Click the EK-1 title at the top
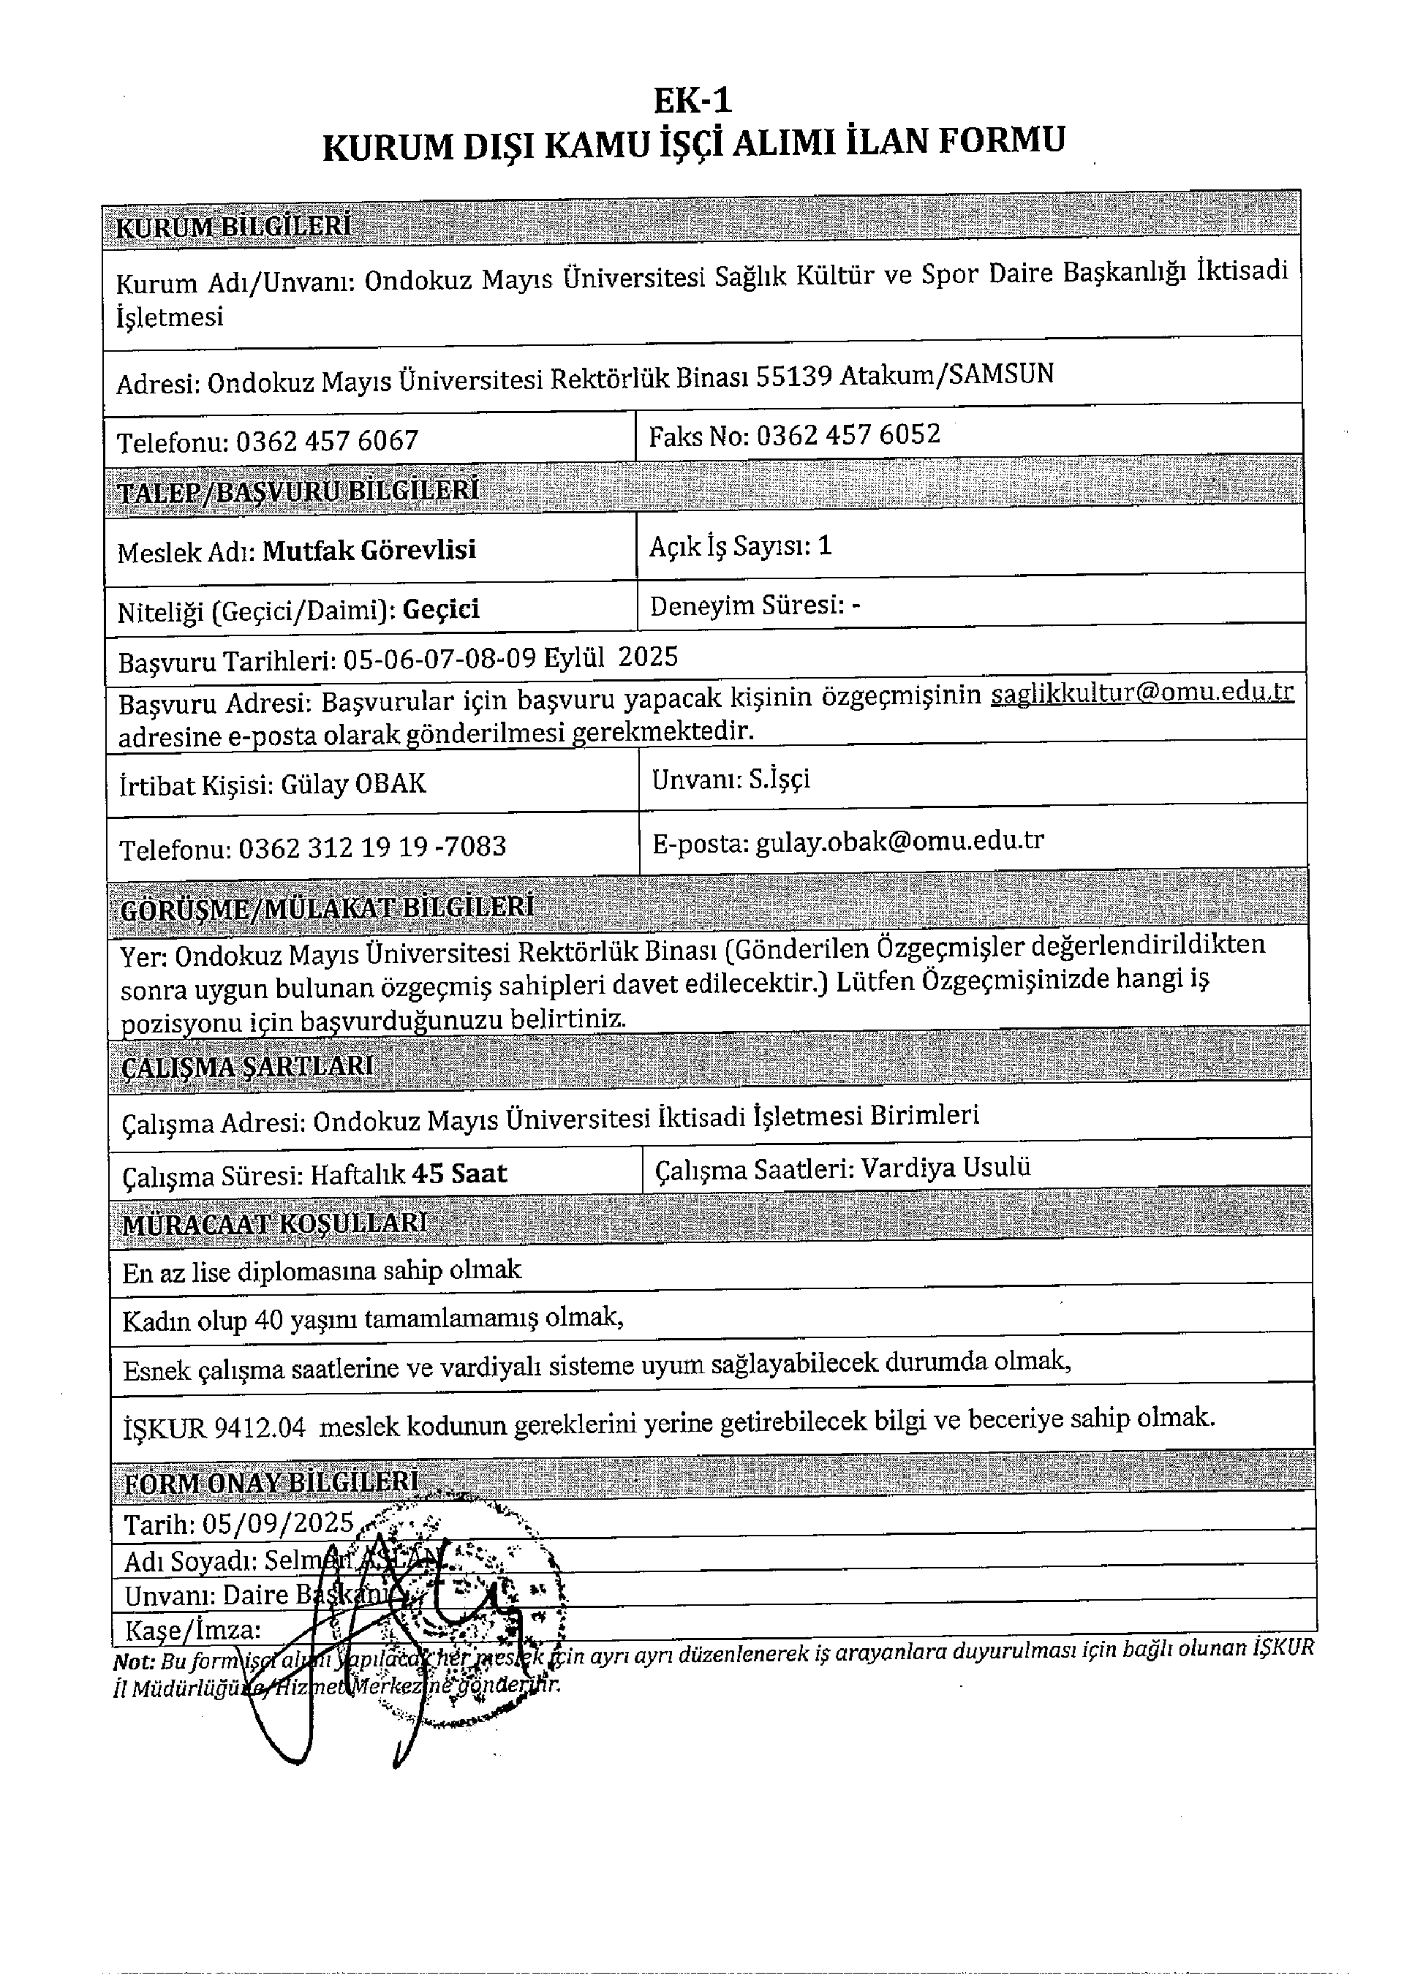coord(692,101)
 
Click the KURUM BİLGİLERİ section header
coord(233,227)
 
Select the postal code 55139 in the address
coord(793,377)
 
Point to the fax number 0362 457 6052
coord(848,434)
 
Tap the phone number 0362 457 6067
coord(327,441)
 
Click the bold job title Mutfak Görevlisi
coord(369,550)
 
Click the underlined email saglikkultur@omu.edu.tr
coord(1142,693)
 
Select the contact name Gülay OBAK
coord(353,784)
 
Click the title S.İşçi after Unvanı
coord(780,779)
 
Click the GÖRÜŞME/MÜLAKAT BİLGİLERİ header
coord(327,908)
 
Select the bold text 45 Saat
coord(459,1174)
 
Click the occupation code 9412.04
coord(260,1427)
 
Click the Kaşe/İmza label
coord(193,1631)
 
